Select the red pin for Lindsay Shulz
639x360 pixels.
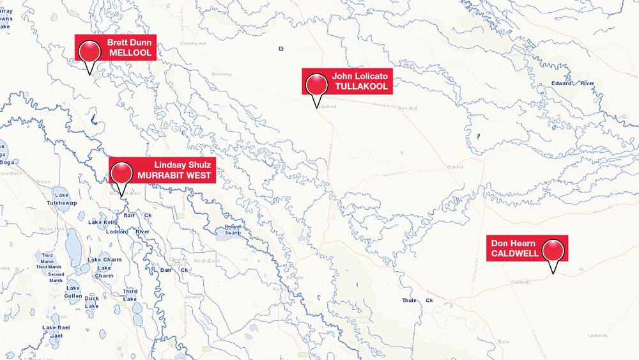coord(121,172)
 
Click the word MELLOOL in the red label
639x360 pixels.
coord(131,53)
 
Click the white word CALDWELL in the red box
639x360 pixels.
coord(515,253)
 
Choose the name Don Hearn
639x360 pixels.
coord(513,243)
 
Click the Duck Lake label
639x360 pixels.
coord(92,302)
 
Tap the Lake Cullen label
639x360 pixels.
coord(73,292)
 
